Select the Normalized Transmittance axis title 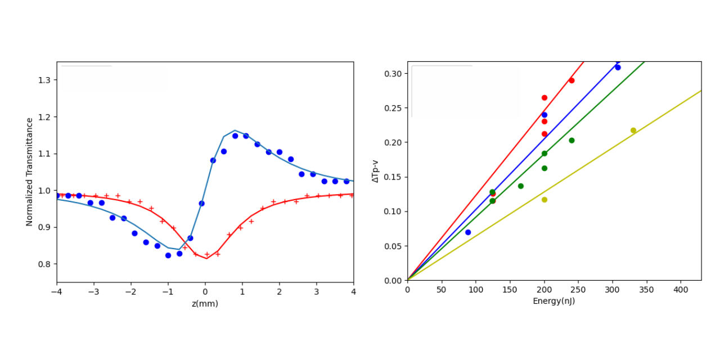pyautogui.click(x=29, y=172)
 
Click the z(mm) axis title pyautogui.click(x=205, y=304)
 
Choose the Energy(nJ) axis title pyautogui.click(x=554, y=301)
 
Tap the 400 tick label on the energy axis pyautogui.click(x=681, y=290)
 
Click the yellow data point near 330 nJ pyautogui.click(x=633, y=130)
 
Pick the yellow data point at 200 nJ pyautogui.click(x=544, y=200)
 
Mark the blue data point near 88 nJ pyautogui.click(x=468, y=232)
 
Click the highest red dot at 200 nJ pyautogui.click(x=544, y=98)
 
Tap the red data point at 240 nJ pyautogui.click(x=571, y=80)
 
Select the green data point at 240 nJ pyautogui.click(x=571, y=141)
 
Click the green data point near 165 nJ pyautogui.click(x=521, y=186)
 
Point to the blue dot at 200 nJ pyautogui.click(x=544, y=115)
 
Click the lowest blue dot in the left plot pyautogui.click(x=168, y=255)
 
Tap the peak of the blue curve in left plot pyautogui.click(x=235, y=130)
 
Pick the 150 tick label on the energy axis pyautogui.click(x=510, y=290)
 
